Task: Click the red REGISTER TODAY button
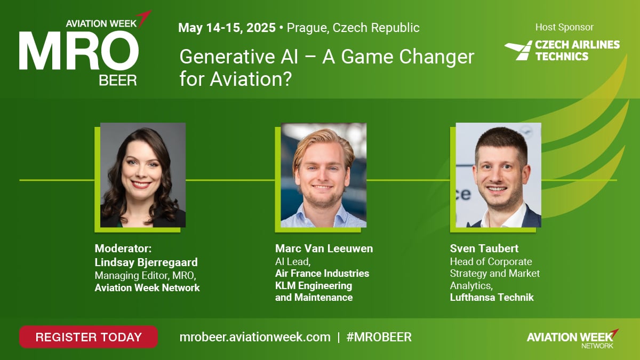(89, 337)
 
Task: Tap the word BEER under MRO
(118, 81)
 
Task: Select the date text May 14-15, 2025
(227, 28)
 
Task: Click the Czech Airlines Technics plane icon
(518, 50)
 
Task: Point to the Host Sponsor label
(564, 27)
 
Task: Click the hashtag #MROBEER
(379, 337)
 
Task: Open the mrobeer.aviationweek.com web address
(255, 337)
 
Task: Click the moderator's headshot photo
(143, 175)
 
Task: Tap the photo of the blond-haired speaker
(323, 175)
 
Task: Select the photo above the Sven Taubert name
(498, 175)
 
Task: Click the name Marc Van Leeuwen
(324, 249)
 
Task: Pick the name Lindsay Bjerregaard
(146, 262)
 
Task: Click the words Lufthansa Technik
(492, 298)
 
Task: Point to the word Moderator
(122, 249)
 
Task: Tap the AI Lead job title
(293, 262)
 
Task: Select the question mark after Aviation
(287, 79)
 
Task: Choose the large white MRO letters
(79, 50)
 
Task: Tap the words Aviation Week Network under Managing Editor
(147, 287)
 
